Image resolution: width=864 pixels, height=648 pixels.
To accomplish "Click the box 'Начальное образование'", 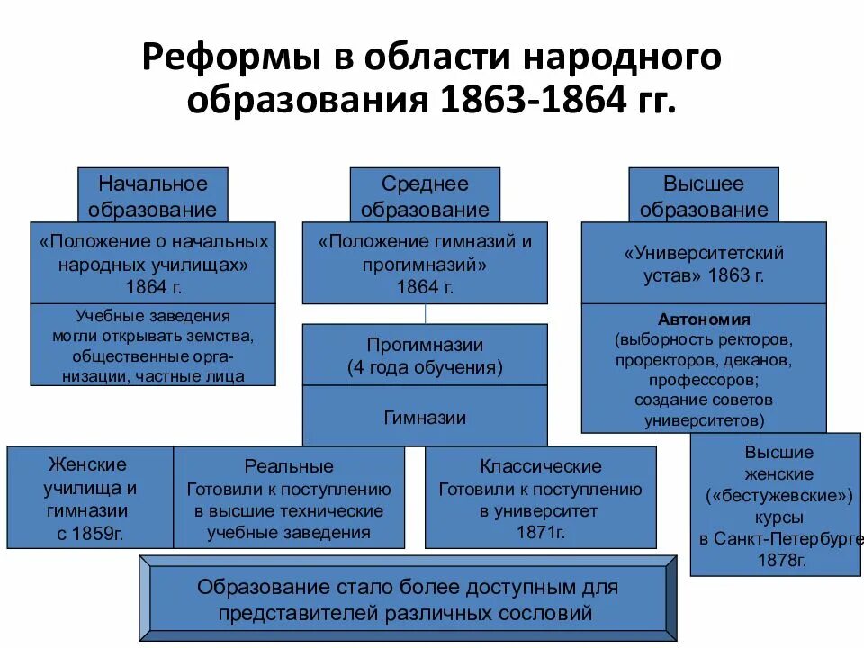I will (x=152, y=195).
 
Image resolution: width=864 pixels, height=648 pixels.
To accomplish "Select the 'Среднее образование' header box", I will (x=425, y=195).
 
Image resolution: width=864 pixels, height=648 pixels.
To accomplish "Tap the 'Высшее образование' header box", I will (x=703, y=195).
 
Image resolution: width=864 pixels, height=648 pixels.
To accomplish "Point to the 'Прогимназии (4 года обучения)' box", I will (x=425, y=355).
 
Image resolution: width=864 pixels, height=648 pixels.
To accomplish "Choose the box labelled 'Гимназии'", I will (x=425, y=417).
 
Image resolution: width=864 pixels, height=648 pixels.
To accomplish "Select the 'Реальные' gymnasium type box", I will (x=289, y=498).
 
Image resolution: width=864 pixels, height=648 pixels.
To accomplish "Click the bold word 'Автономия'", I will (x=704, y=319).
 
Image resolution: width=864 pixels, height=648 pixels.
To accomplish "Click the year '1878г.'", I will (x=779, y=560).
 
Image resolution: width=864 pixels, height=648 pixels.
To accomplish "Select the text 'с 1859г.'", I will (x=90, y=533).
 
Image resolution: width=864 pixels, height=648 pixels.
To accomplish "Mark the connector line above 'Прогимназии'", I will (x=425, y=313).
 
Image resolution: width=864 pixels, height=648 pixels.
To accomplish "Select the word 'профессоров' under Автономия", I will (x=701, y=379).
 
